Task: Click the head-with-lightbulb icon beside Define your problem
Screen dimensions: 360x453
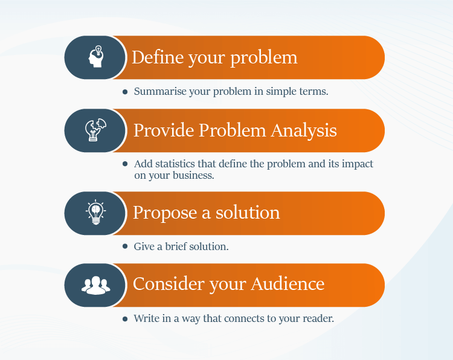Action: [96, 57]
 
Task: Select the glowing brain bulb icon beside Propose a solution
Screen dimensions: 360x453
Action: [95, 213]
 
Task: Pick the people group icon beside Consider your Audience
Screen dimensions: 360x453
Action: [95, 284]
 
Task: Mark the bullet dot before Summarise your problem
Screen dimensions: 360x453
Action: [125, 92]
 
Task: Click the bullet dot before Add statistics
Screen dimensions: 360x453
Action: [125, 164]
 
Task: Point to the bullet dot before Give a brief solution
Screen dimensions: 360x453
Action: [125, 246]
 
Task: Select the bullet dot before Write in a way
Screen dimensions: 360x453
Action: [125, 318]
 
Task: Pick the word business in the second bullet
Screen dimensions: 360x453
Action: [194, 176]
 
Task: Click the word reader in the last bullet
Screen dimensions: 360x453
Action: [318, 318]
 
